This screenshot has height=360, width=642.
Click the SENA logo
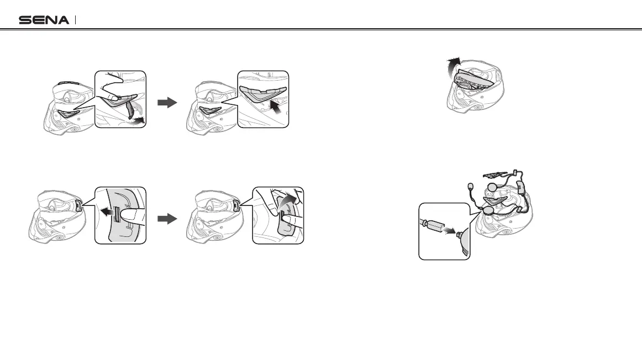(x=44, y=20)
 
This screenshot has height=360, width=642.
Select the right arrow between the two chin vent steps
(x=167, y=102)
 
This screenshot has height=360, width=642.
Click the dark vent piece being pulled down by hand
(x=131, y=109)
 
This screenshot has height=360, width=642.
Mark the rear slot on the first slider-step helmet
(x=78, y=206)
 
